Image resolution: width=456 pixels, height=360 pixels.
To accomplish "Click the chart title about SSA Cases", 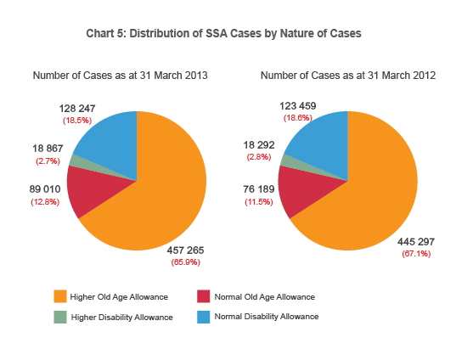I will pyautogui.click(x=223, y=33).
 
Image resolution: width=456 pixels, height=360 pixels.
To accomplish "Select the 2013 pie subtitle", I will pyautogui.click(x=120, y=76).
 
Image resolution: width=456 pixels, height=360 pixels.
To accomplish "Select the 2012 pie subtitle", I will pyautogui.click(x=348, y=76).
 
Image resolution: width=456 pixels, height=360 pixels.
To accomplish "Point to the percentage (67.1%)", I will pyautogui.click(x=416, y=254).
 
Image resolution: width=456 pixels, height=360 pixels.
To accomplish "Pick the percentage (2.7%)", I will pyautogui.click(x=48, y=160).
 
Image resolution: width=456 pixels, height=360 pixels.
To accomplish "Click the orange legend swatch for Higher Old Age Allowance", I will pyautogui.click(x=59, y=296).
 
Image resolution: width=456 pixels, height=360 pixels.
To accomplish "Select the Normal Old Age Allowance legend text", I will pyautogui.click(x=264, y=296).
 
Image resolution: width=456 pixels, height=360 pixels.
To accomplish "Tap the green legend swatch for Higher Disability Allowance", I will pyautogui.click(x=59, y=317).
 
